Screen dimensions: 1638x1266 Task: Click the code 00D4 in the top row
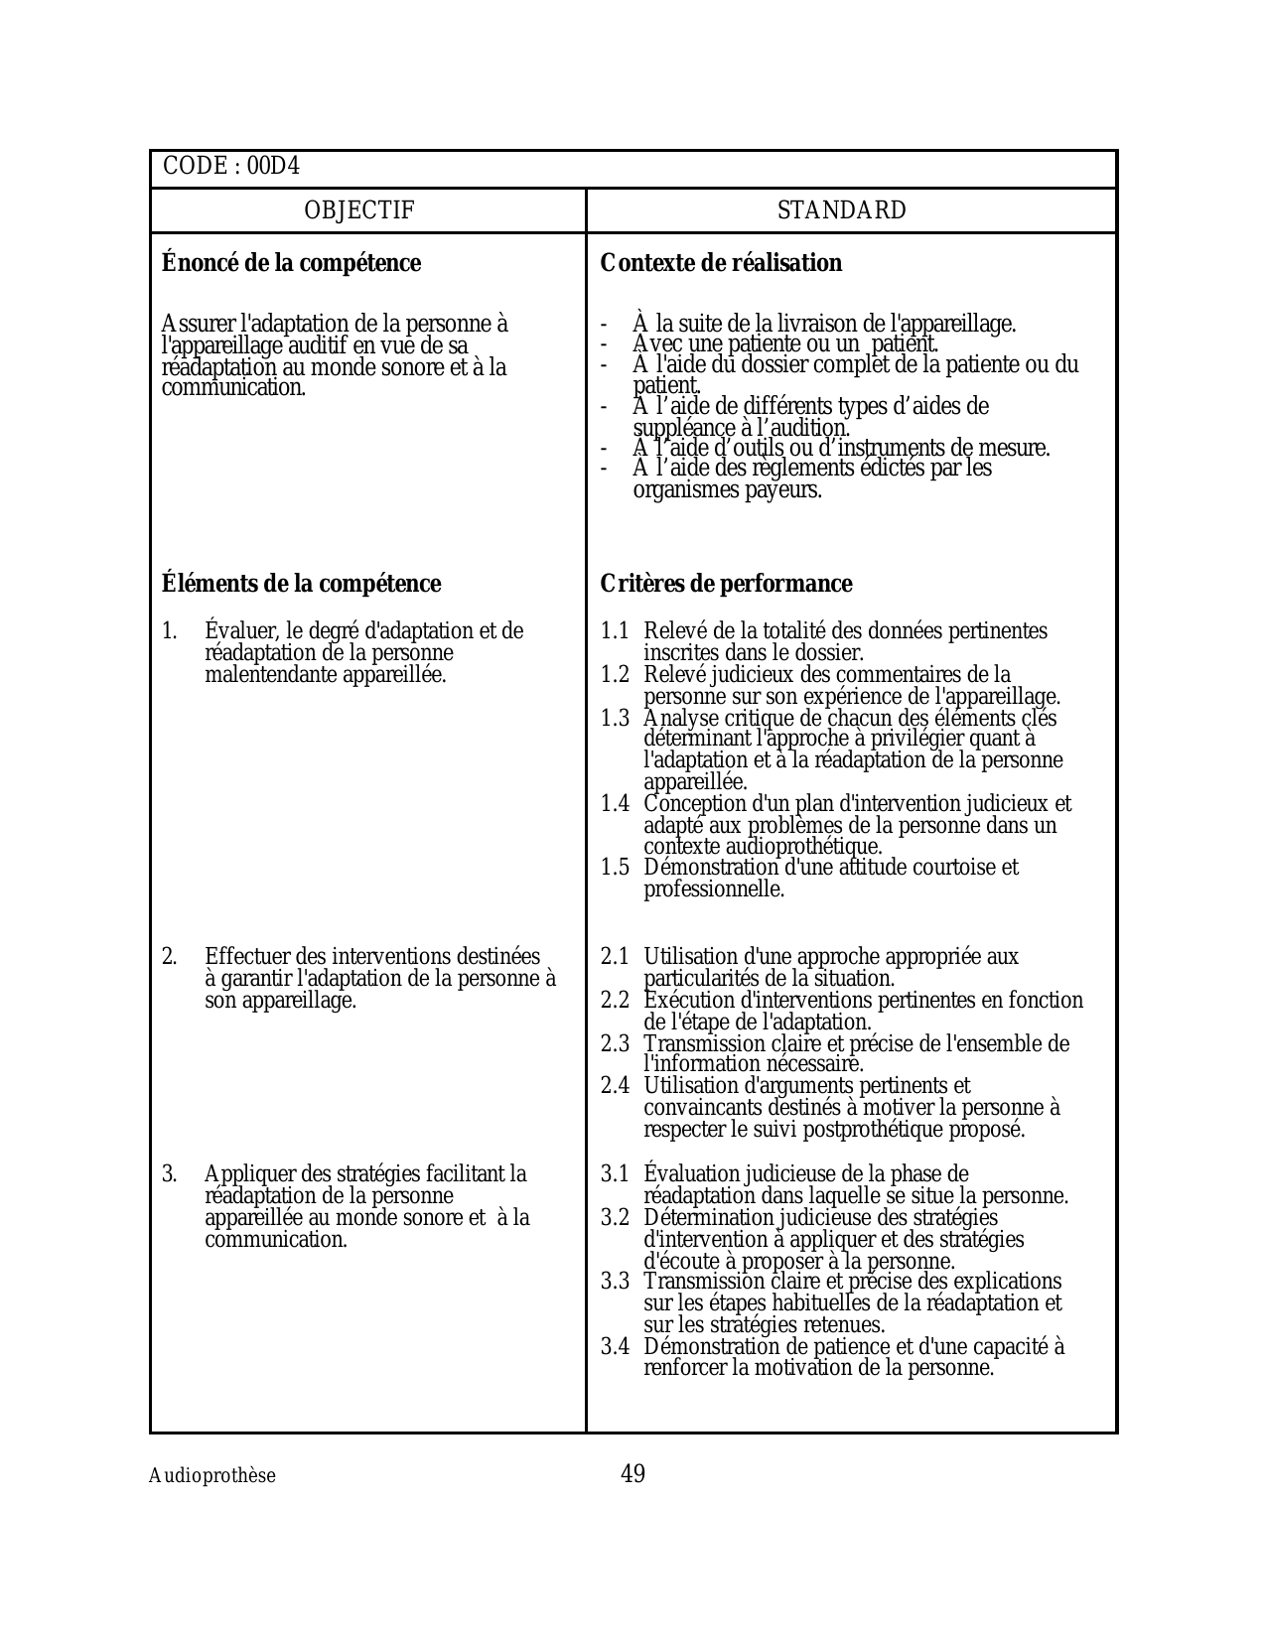[x=273, y=167]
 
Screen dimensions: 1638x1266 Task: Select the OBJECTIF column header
[x=358, y=210]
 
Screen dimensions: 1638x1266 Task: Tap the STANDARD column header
[x=841, y=210]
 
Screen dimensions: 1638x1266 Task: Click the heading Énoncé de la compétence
[x=291, y=263]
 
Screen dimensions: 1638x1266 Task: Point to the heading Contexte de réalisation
[x=721, y=263]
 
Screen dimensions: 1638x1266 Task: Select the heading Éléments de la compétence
[x=301, y=584]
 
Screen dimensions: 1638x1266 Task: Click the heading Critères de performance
[x=726, y=584]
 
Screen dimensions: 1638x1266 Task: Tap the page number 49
[x=633, y=1474]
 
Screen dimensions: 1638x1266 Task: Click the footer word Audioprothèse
[x=212, y=1476]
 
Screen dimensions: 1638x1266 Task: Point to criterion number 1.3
[x=615, y=719]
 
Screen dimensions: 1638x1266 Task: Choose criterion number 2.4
[x=615, y=1086]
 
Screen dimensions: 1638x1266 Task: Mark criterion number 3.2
[x=615, y=1218]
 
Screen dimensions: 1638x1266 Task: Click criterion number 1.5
[x=615, y=868]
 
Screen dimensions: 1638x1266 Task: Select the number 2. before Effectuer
[x=170, y=957]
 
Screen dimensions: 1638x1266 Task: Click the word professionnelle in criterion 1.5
[x=713, y=889]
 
